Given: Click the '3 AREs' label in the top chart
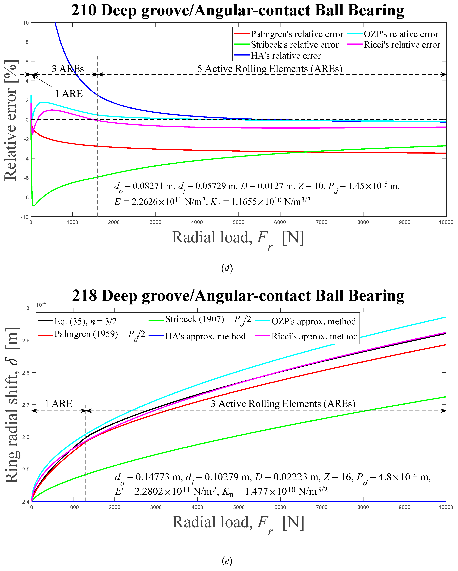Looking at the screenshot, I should pos(68,69).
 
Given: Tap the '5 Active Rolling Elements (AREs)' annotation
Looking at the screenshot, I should pos(269,69).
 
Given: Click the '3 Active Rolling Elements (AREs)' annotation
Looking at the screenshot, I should pos(283,404).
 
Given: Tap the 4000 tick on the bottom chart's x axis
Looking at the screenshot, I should pos(197,507).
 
